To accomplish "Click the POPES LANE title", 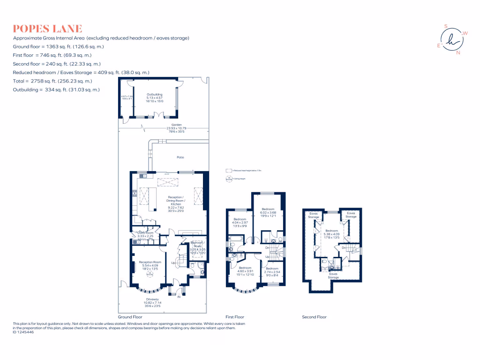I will pos(48,28).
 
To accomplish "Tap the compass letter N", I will pos(458,52).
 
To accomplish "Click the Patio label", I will pos(180,157).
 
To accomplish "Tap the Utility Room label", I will pos(145,233).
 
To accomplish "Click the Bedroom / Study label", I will pos(197,244).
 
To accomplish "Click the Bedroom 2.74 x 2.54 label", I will pos(272,269).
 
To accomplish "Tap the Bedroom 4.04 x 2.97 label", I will pos(240,219).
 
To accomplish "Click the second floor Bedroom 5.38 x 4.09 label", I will pos(332,231).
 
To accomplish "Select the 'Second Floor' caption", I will pos(314,317).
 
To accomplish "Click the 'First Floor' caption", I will pos(235,317).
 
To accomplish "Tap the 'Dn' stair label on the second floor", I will pos(344,247).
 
